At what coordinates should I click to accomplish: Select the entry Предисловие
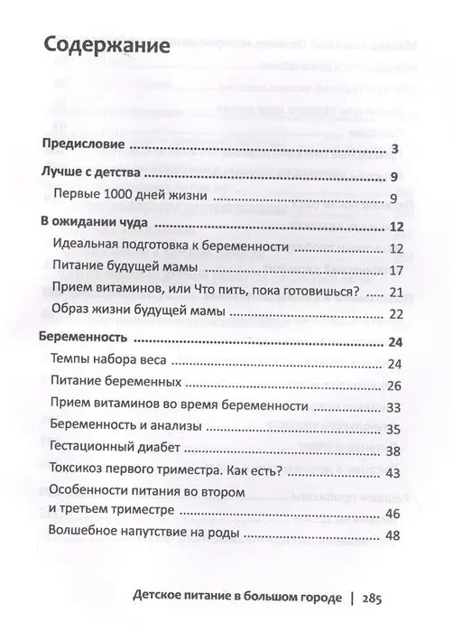88,148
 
